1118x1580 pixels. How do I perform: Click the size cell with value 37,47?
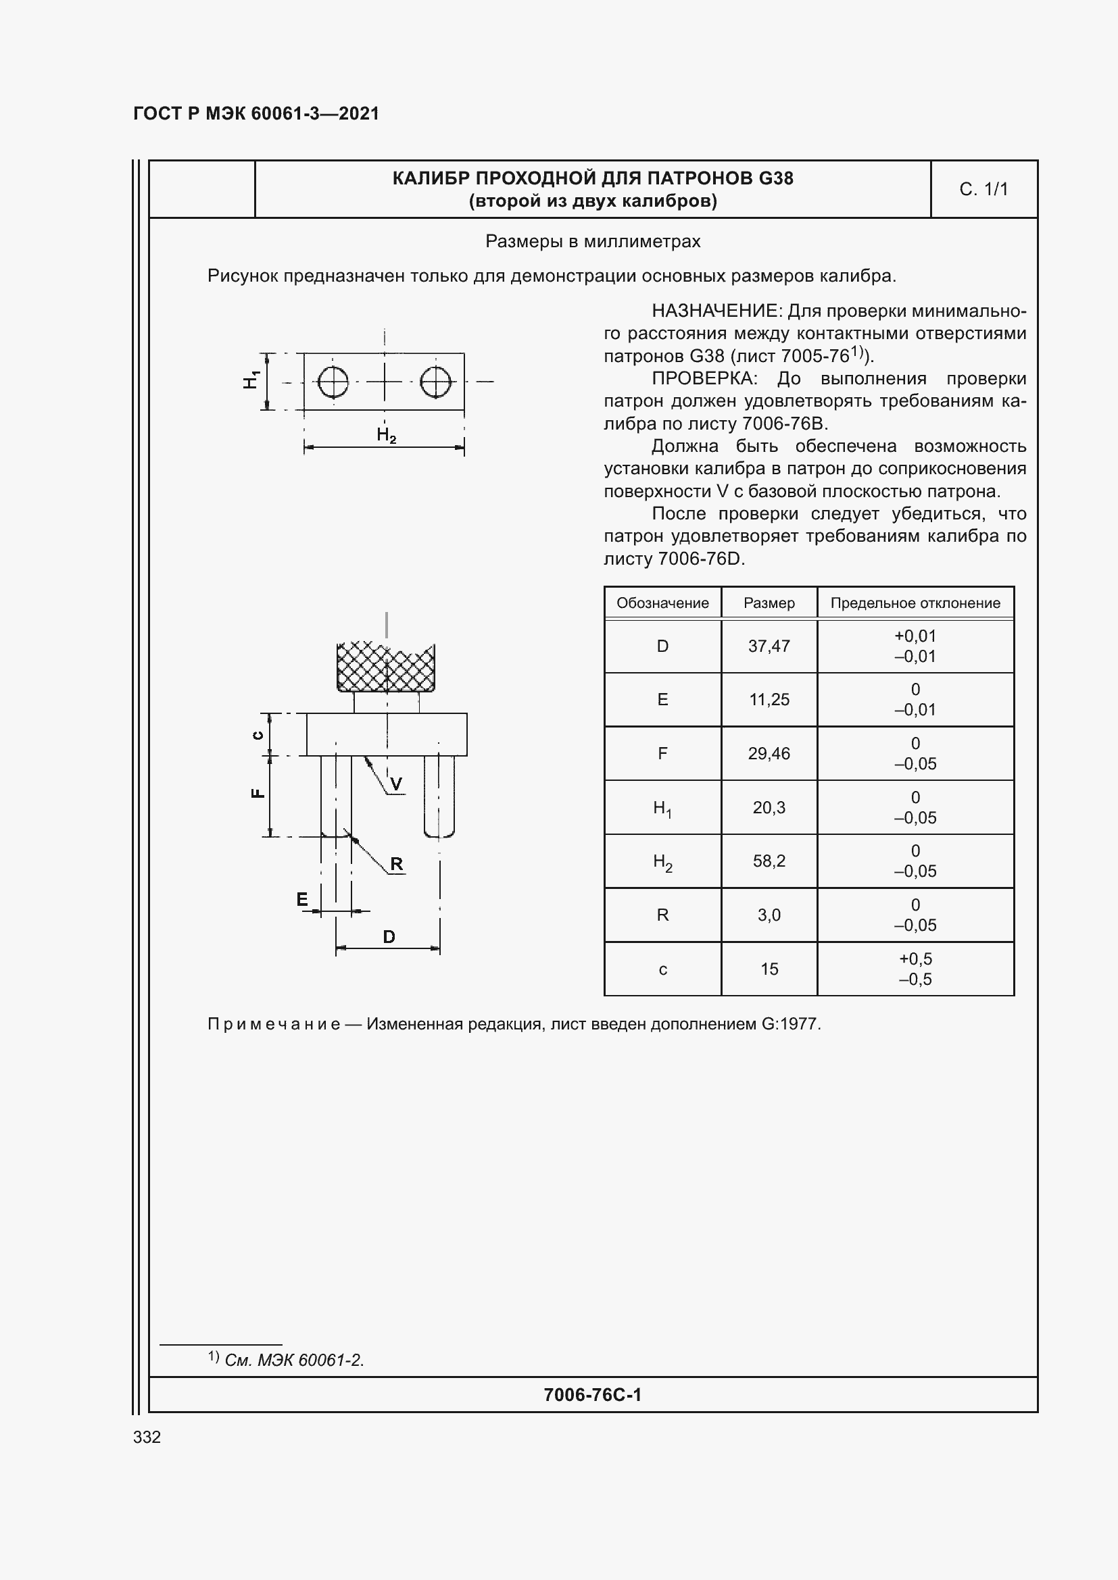(x=769, y=646)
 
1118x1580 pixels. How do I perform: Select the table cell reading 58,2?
(x=769, y=861)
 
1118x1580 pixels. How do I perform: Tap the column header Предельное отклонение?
(x=915, y=603)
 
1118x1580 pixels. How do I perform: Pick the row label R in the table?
(x=662, y=915)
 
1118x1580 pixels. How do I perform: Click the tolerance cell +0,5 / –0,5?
(x=915, y=969)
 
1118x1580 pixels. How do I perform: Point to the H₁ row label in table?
(x=662, y=807)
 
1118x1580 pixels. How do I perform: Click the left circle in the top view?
(x=333, y=381)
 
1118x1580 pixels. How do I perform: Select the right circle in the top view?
(x=435, y=381)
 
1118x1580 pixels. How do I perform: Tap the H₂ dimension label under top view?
(x=386, y=435)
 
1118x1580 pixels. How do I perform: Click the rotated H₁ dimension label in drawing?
(x=251, y=380)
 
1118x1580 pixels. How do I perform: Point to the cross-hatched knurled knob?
(x=386, y=666)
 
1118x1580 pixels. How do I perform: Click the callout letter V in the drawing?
(x=396, y=784)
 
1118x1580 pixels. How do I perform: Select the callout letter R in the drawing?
(x=396, y=864)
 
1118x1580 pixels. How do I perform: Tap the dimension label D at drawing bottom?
(x=388, y=936)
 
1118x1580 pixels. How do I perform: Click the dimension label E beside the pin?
(x=302, y=899)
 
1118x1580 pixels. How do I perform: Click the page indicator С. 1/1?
(x=983, y=189)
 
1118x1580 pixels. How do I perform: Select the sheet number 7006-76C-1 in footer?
(x=592, y=1395)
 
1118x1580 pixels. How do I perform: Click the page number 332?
(x=147, y=1437)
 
